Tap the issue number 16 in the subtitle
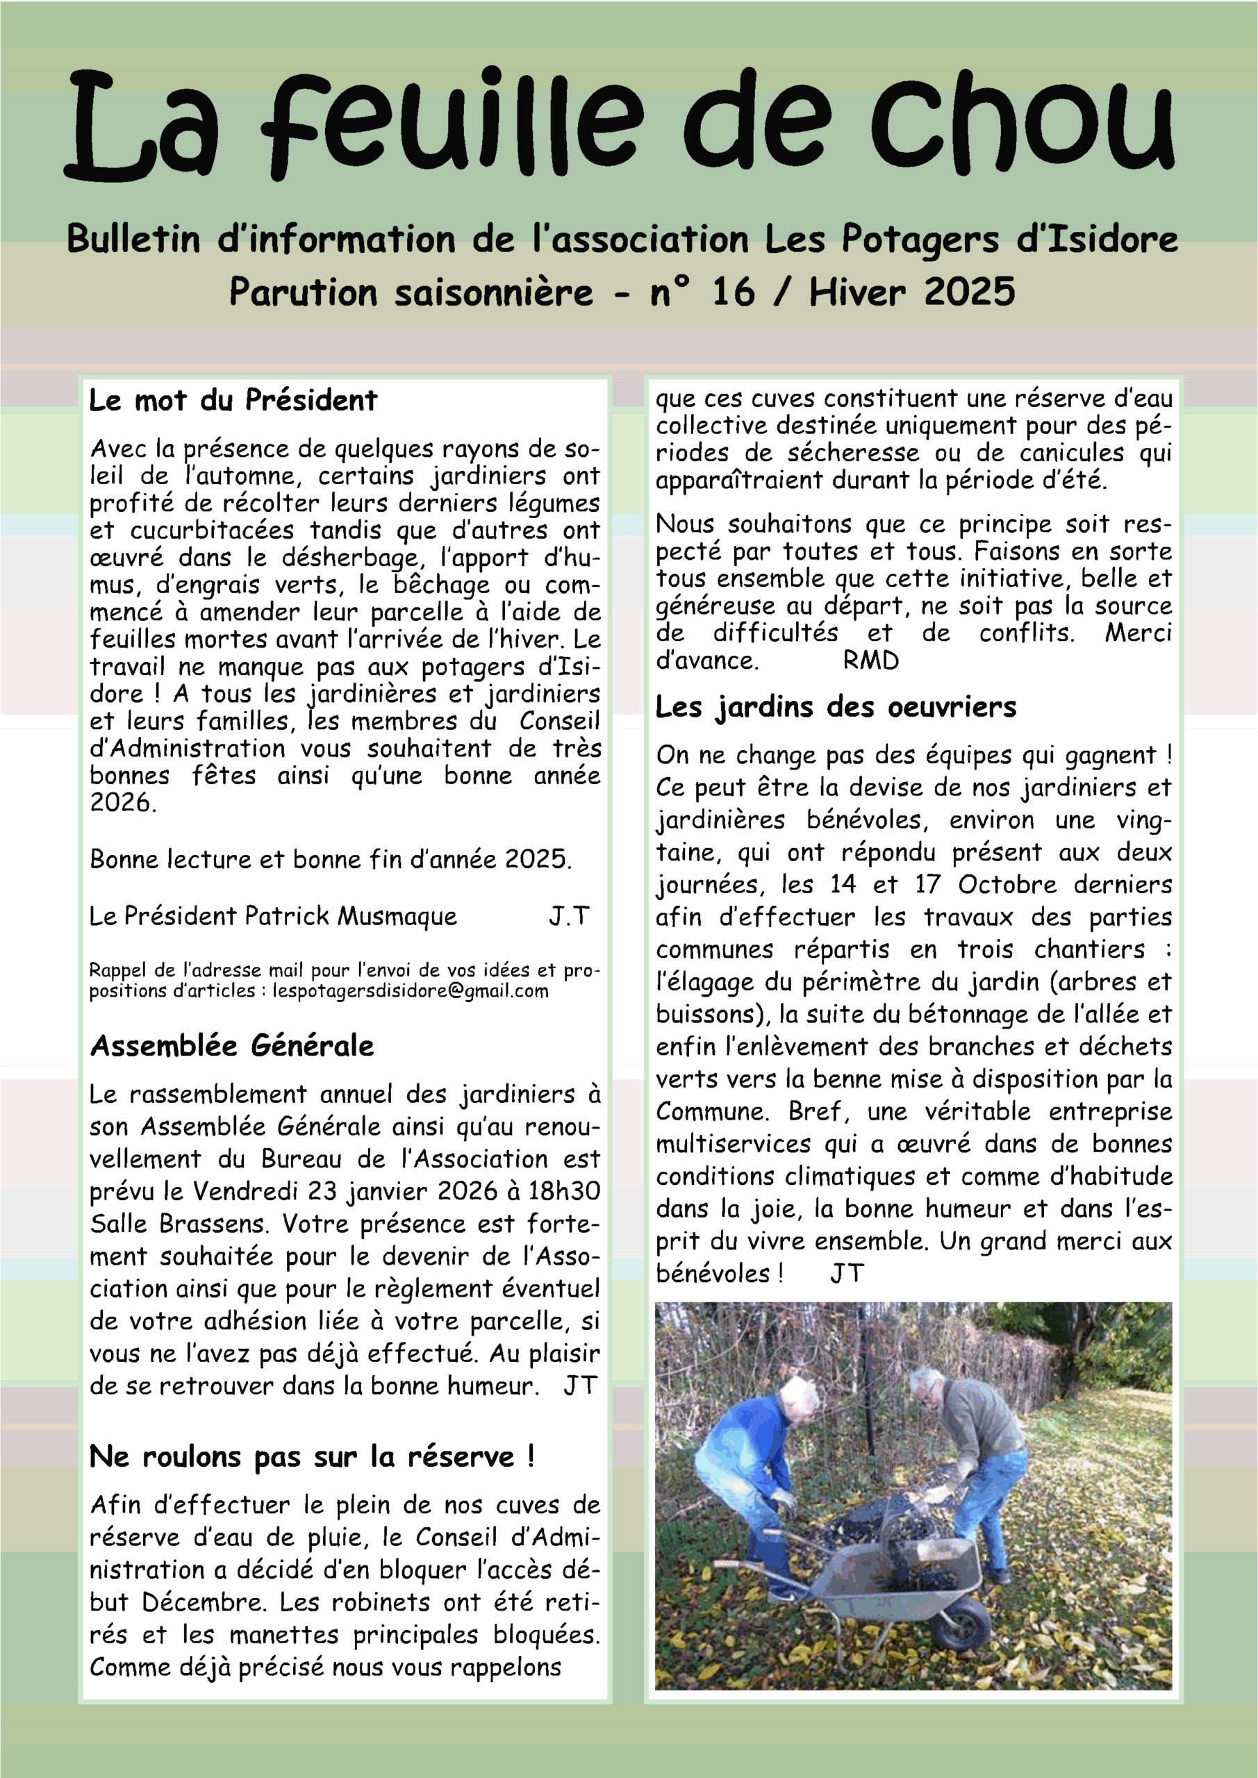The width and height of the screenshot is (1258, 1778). pos(732,292)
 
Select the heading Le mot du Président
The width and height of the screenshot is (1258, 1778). pos(233,400)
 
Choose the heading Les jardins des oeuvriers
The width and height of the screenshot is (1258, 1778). pos(835,707)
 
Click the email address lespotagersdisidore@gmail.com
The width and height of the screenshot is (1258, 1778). pos(411,991)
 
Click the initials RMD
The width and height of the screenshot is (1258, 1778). pos(870,660)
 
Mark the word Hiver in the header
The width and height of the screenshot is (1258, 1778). pos(857,292)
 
